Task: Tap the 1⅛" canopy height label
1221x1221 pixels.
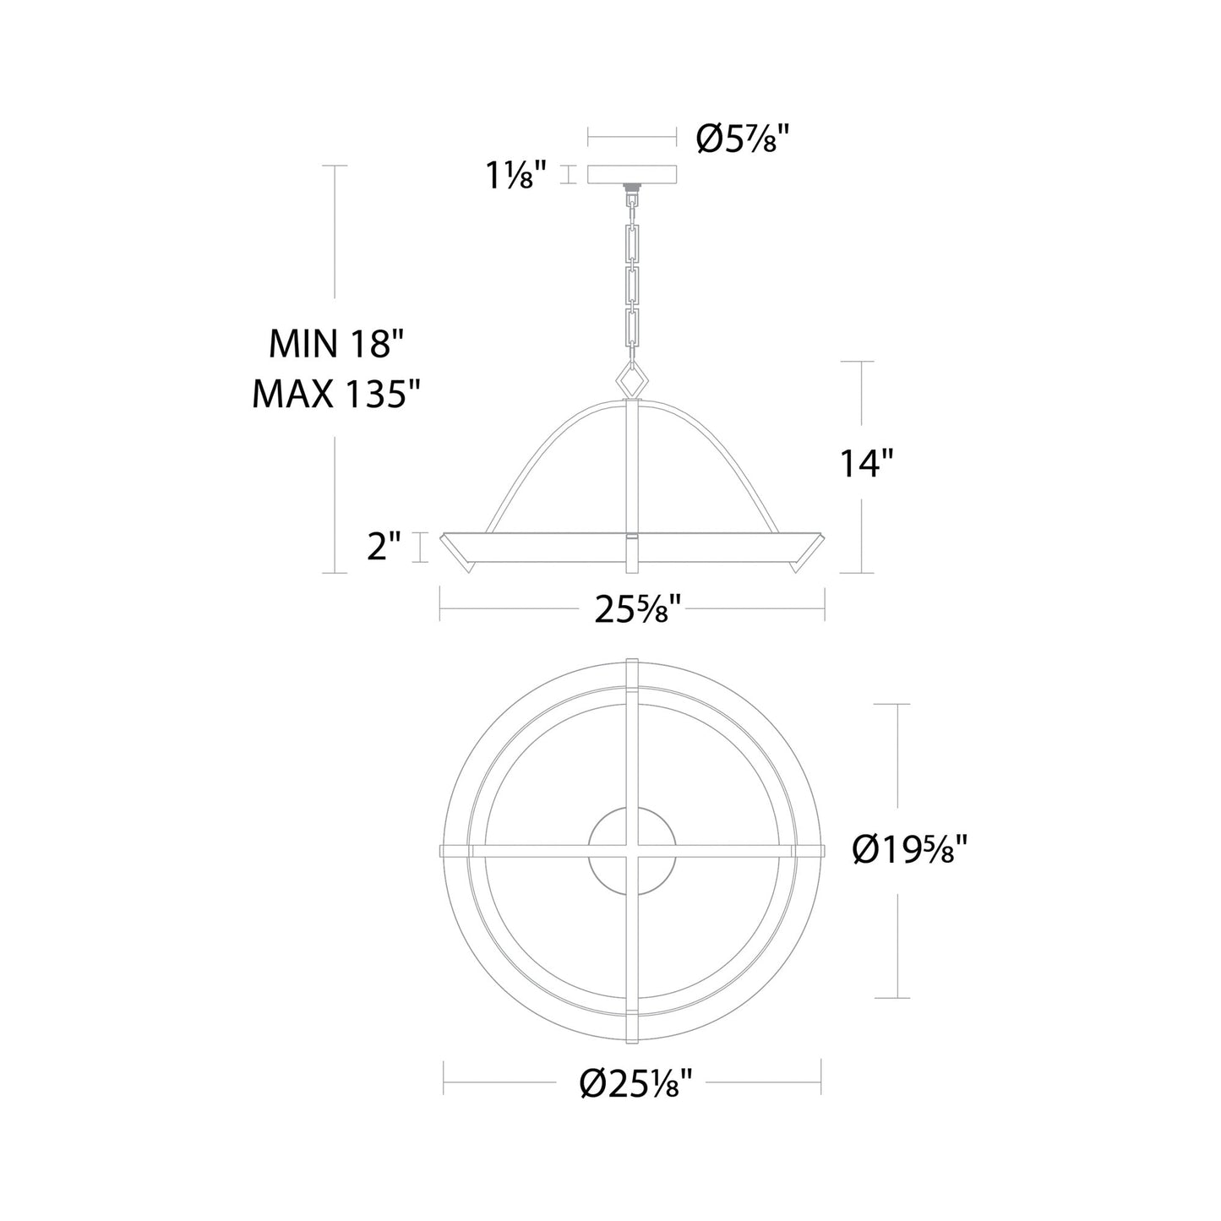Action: pos(515,175)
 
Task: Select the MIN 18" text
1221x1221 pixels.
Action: pos(337,344)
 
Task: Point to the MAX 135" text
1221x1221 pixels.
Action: pos(337,394)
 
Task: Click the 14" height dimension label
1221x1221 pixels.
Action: pos(866,463)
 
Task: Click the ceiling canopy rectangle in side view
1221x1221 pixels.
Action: pos(632,174)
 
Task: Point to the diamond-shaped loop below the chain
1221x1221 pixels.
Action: pos(632,378)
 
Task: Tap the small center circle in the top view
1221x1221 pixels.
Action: pos(632,852)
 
